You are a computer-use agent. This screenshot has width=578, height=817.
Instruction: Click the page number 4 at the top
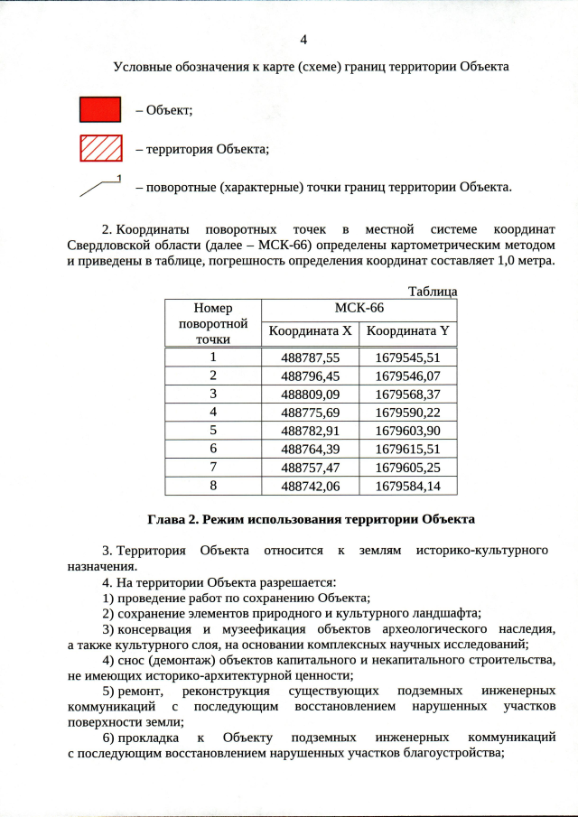[x=303, y=40]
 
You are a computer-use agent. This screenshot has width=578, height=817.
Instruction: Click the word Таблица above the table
[x=433, y=292]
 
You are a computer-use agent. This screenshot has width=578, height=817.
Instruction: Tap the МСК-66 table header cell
[x=359, y=309]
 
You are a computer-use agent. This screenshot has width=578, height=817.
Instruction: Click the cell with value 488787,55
[x=310, y=357]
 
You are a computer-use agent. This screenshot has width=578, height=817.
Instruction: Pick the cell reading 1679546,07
[x=407, y=375]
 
